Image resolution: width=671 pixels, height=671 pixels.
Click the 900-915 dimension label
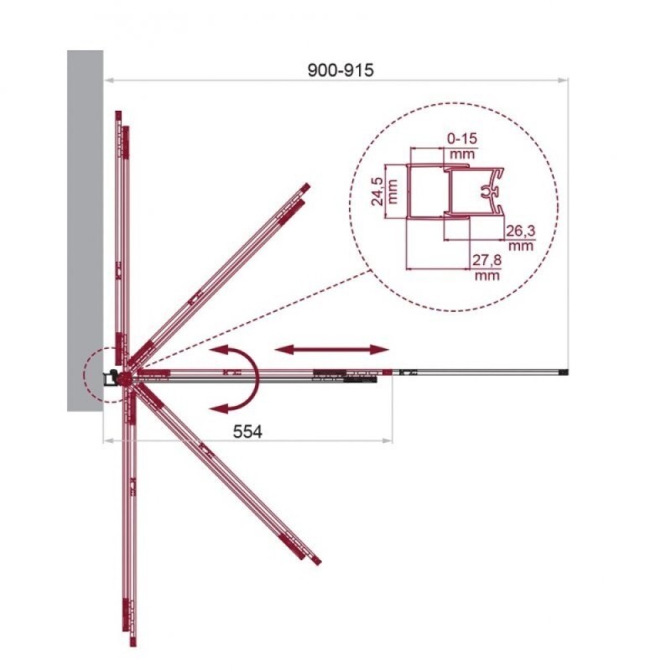pyautogui.click(x=341, y=70)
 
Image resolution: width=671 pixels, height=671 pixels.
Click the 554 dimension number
pyautogui.click(x=247, y=431)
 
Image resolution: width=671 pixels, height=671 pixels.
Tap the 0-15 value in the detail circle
pyautogui.click(x=462, y=138)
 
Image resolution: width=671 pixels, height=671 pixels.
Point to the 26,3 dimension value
pyautogui.click(x=520, y=231)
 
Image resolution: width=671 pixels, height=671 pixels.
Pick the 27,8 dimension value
pyautogui.click(x=486, y=260)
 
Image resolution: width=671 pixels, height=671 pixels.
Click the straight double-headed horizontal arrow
pyautogui.click(x=332, y=350)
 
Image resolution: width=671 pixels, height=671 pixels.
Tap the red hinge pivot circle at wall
pyautogui.click(x=125, y=378)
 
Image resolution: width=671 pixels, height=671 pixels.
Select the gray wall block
pyautogui.click(x=86, y=231)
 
